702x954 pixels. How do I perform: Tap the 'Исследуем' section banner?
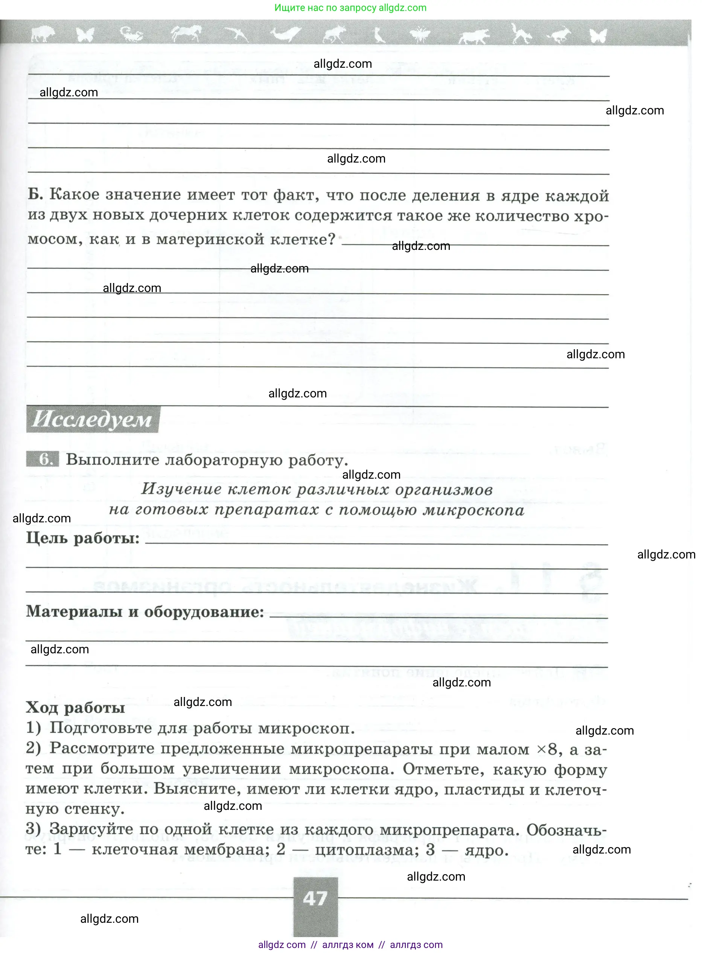click(x=92, y=420)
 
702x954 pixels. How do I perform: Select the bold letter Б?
click(x=35, y=195)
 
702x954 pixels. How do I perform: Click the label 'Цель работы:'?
click(x=83, y=538)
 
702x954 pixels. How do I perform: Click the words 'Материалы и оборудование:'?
click(x=145, y=612)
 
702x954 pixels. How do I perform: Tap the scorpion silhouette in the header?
click(x=131, y=33)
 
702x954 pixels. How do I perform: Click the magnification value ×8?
click(x=547, y=749)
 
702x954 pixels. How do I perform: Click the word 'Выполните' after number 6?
click(x=112, y=460)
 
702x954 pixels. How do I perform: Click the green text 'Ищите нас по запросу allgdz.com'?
click(x=350, y=8)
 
